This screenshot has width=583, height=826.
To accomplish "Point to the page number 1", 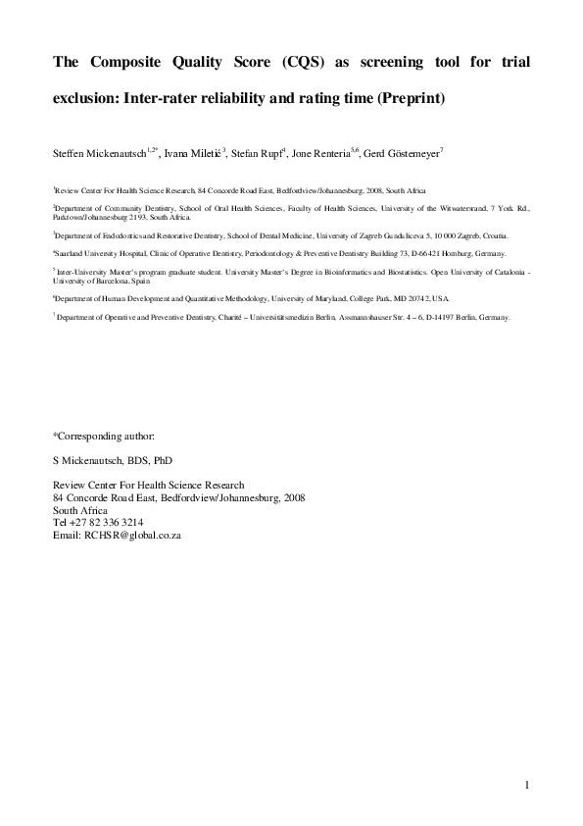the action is click(526, 786).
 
